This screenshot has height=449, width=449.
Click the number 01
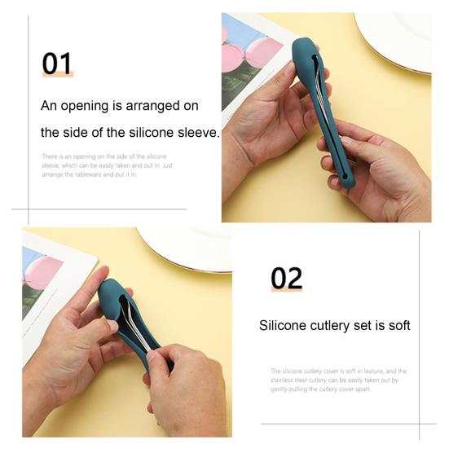pos(57,64)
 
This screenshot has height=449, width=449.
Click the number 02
pos(286,279)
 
